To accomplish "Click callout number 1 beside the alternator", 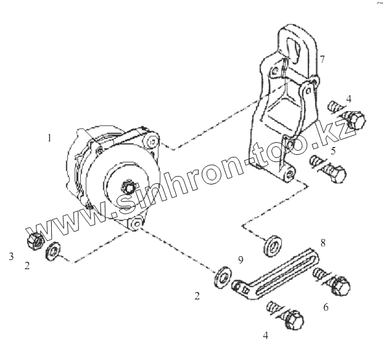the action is [x=49, y=138].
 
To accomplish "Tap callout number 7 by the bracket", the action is [x=322, y=59].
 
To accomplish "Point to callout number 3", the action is [x=11, y=255].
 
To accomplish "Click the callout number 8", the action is [x=322, y=242].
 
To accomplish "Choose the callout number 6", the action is [x=326, y=305].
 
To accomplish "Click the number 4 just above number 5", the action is [x=348, y=99].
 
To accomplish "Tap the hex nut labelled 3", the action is [x=34, y=241].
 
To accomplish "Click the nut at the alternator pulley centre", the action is [x=130, y=185].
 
